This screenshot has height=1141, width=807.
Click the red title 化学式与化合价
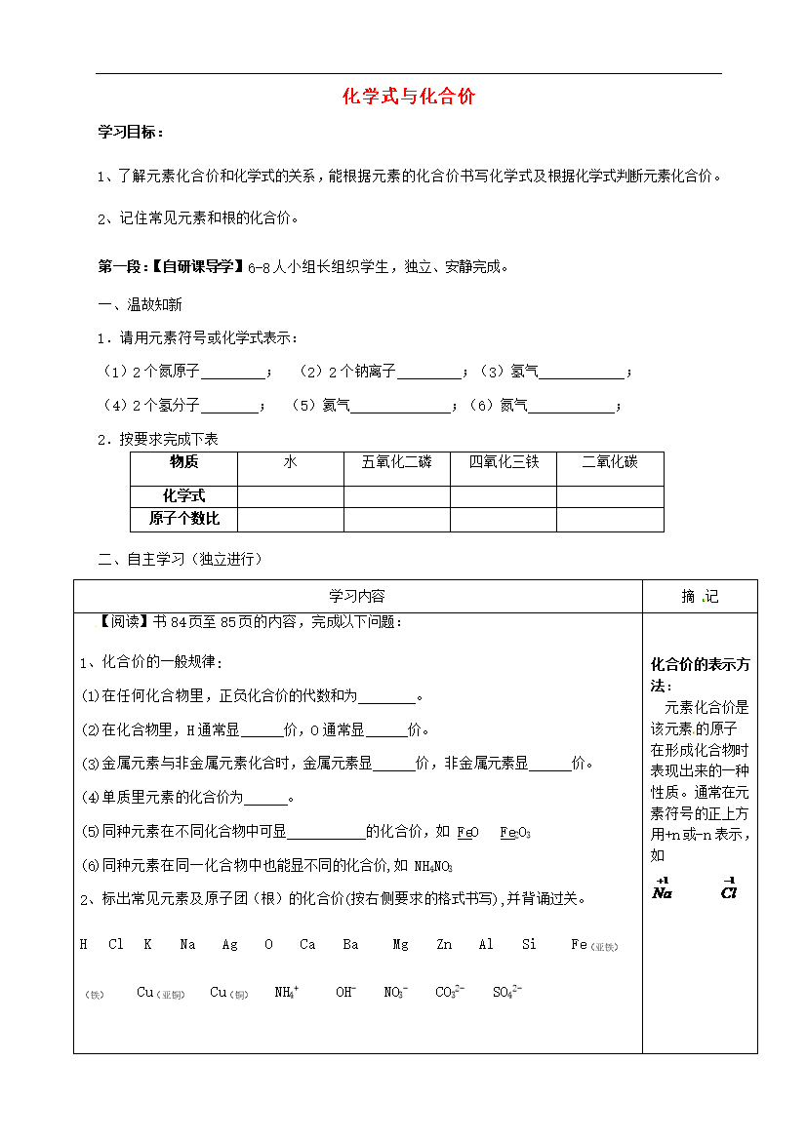pos(408,97)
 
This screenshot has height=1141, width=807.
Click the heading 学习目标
pos(131,132)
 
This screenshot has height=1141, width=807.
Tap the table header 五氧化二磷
pos(396,462)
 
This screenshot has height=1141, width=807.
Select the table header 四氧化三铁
pos(504,462)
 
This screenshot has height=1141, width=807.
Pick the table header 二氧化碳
pos(610,462)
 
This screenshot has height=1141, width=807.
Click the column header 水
pos(290,462)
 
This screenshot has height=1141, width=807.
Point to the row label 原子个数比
pos(184,518)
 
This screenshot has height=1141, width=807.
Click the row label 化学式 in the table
pos(184,495)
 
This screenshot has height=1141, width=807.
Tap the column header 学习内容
pos(357,596)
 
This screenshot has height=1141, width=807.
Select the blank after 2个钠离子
pos(429,373)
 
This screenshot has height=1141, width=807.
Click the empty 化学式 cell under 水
pos(290,495)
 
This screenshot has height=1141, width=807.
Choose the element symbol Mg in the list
pos(400,945)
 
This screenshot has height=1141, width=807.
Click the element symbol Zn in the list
pos(444,945)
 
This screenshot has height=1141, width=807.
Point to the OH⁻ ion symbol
pos(345,992)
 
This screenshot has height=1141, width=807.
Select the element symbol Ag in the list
pos(229,945)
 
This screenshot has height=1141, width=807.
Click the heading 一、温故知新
pos(141,304)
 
